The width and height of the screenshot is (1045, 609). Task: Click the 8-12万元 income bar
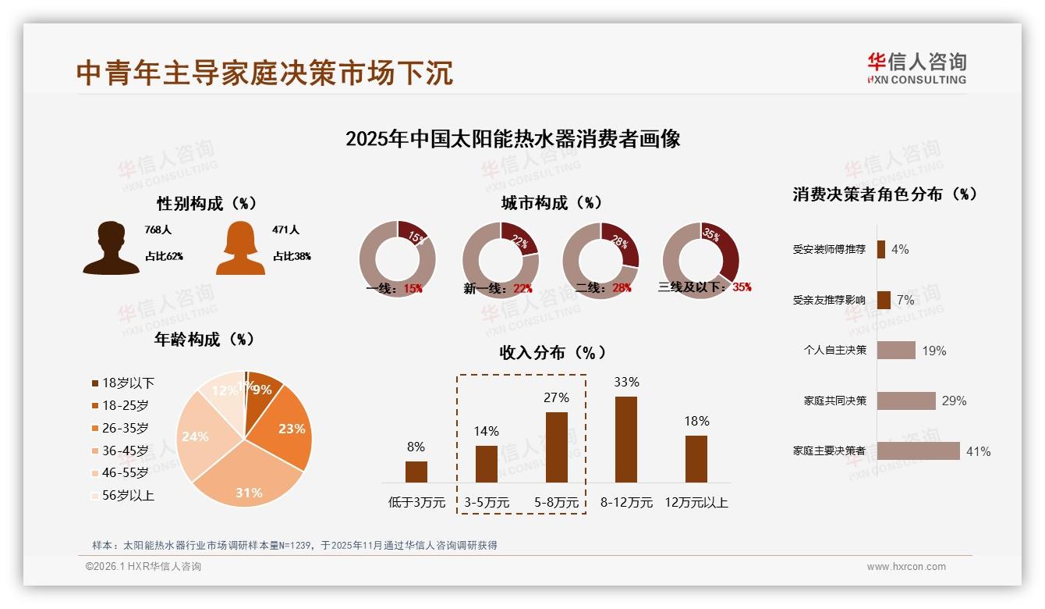tap(626, 440)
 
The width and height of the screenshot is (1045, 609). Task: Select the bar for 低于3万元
tap(416, 472)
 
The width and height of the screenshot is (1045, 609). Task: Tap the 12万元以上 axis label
tap(696, 502)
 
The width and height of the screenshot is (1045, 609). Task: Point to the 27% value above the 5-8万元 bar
tap(556, 397)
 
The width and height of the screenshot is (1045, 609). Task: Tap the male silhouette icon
tap(111, 248)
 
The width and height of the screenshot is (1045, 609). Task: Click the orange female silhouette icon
tap(240, 248)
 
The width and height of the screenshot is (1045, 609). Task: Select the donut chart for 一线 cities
tap(397, 258)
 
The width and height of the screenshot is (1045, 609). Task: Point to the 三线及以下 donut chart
tap(700, 258)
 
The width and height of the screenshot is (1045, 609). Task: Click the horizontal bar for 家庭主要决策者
tap(918, 451)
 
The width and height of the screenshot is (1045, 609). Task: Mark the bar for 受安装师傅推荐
tap(880, 249)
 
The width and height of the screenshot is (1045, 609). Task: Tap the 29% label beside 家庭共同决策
tap(954, 401)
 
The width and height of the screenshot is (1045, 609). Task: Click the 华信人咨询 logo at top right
tap(916, 69)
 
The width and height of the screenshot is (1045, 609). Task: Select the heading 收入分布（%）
tap(552, 353)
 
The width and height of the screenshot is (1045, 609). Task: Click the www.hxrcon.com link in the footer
tap(906, 567)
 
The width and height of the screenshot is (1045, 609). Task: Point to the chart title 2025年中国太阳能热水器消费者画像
tap(512, 139)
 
